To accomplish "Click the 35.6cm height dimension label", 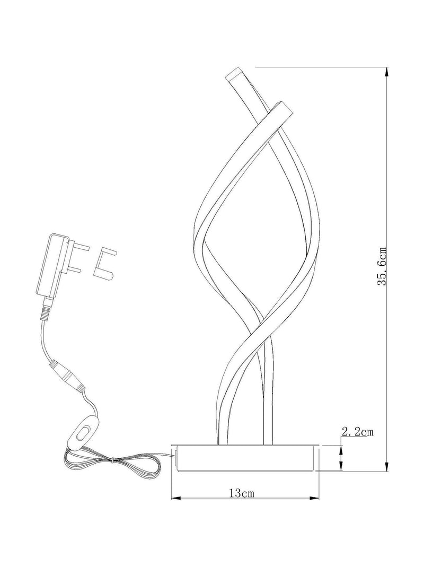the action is click(382, 267).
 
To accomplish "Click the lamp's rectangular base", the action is click(245, 458).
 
